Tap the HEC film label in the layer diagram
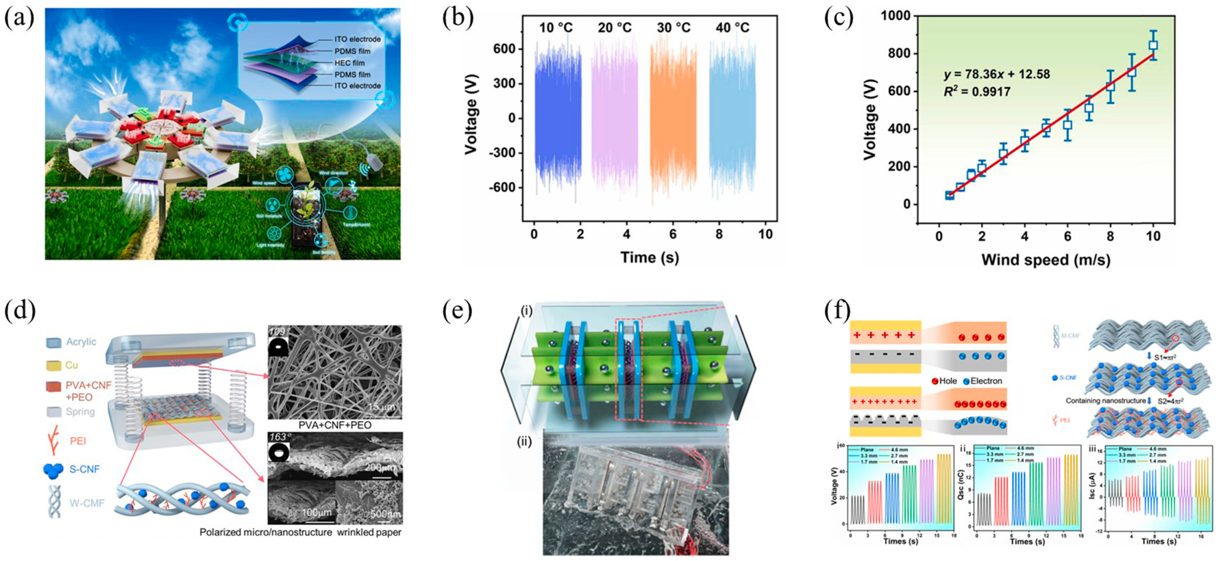pos(349,63)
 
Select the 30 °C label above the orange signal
pos(673,28)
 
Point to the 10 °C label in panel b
pos(556,28)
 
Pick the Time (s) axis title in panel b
pos(649,257)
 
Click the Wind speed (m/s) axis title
pos(1045,260)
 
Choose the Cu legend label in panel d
pos(72,365)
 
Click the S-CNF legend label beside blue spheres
pos(85,469)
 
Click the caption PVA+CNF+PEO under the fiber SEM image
pos(335,425)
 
